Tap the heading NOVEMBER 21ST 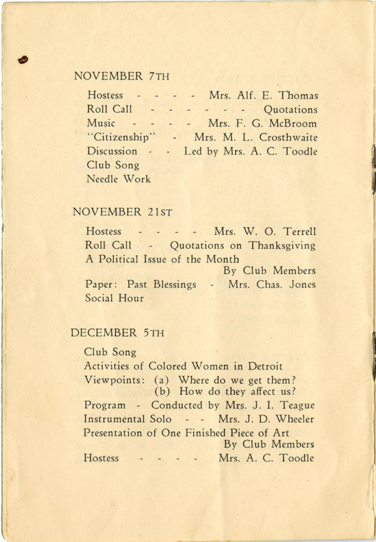117,212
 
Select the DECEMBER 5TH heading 117,333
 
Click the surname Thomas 297,96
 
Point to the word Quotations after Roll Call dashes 290,109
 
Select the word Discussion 112,151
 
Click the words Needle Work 118,178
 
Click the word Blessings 170,285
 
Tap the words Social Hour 114,298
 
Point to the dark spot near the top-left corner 23,60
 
